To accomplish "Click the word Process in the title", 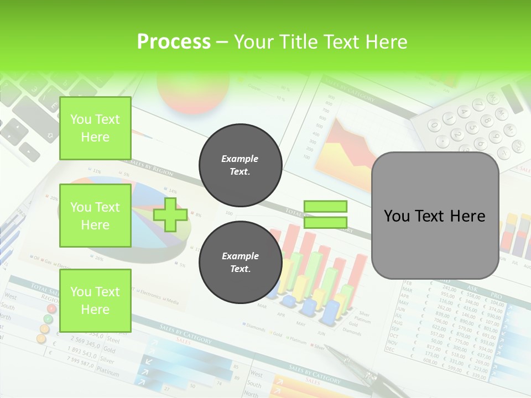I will pos(174,41).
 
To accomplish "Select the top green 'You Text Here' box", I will pos(95,128).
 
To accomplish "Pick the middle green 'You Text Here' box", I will pos(95,216).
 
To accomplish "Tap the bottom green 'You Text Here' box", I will pos(95,301).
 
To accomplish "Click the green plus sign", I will pos(170,214).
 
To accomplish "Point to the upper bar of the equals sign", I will pos(326,207).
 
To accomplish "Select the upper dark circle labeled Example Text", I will pos(240,165).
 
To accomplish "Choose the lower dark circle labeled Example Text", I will pos(240,262).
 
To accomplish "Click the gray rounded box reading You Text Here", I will pos(435,216).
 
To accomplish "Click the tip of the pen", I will pos(327,348).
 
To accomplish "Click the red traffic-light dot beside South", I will pos(51,308).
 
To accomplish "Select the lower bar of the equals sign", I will pos(326,222).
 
